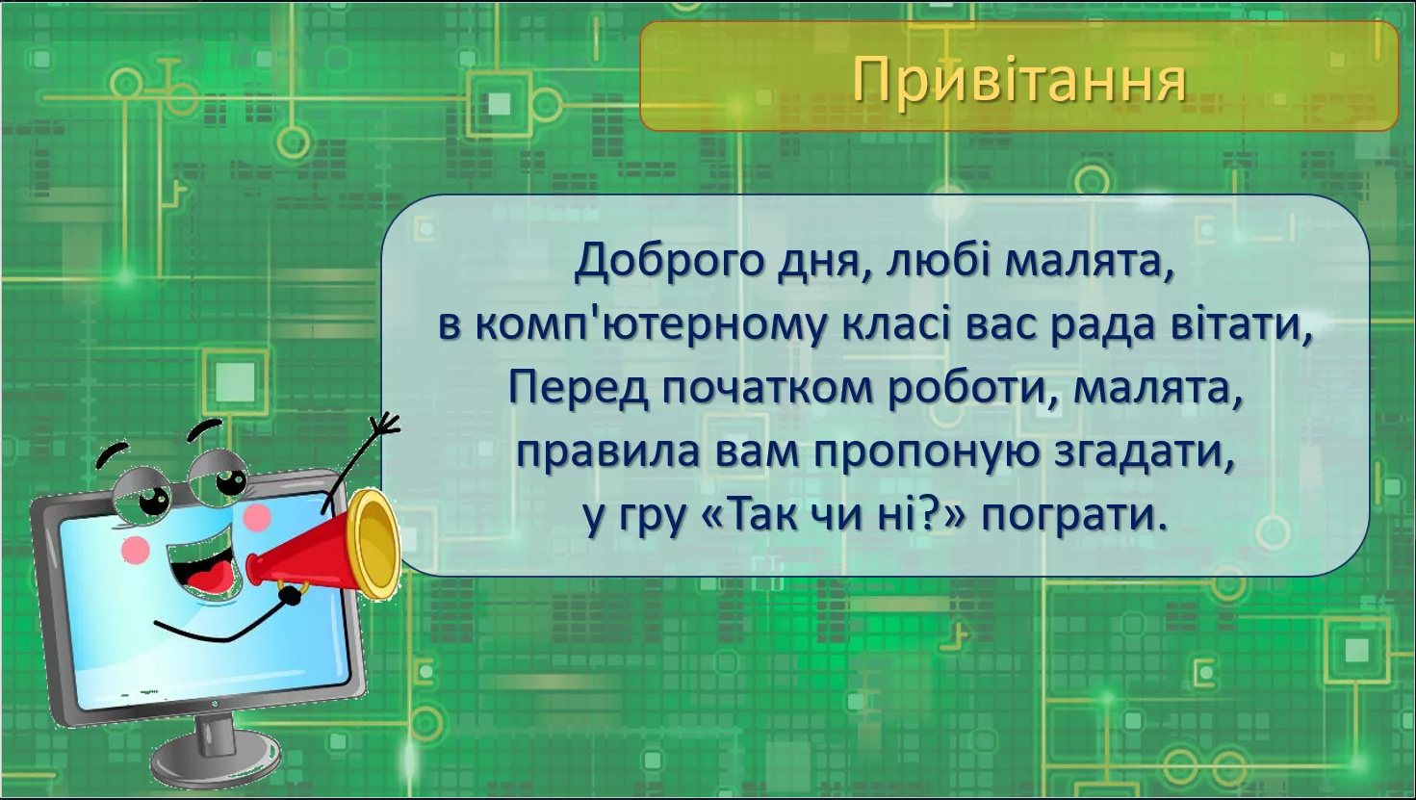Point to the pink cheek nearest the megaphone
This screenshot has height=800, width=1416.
click(x=257, y=517)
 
